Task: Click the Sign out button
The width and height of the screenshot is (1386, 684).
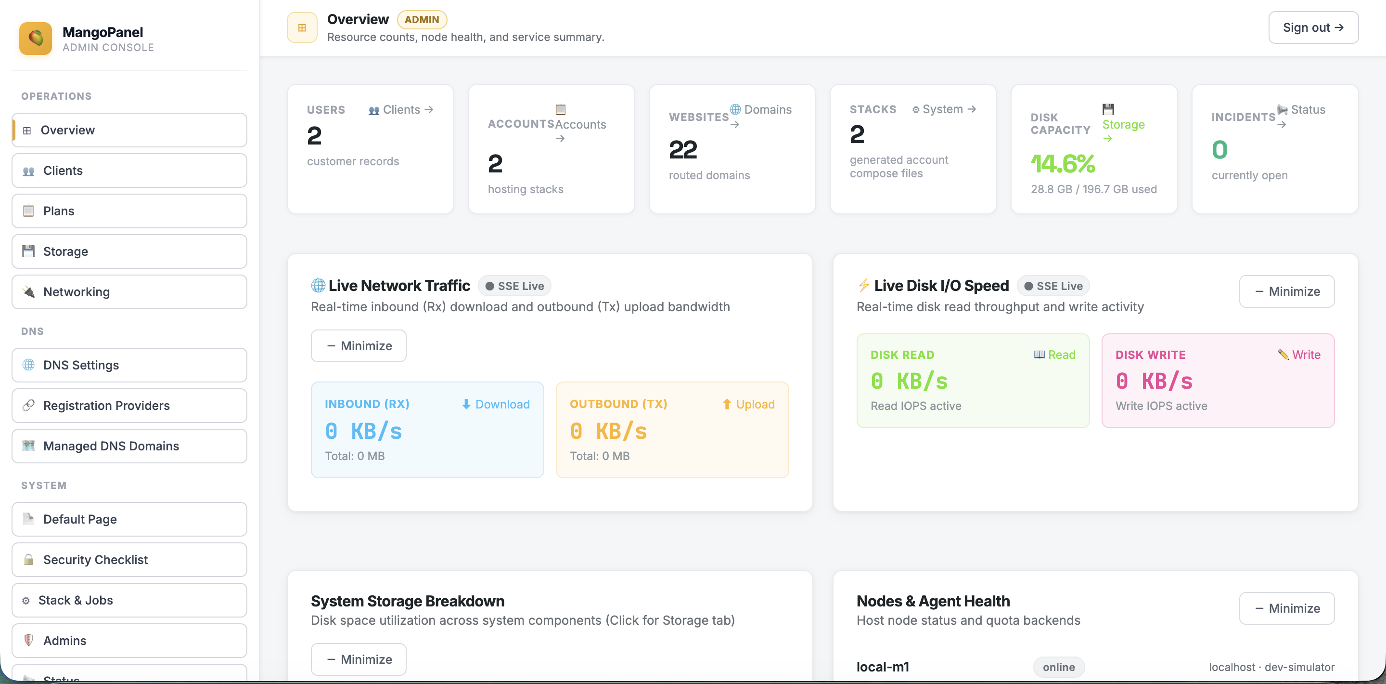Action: [x=1313, y=27]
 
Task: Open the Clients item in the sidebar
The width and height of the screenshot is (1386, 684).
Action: [x=129, y=171]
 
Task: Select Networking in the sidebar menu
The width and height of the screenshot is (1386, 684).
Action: [x=129, y=292]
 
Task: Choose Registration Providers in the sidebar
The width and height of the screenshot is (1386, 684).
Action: [x=129, y=406]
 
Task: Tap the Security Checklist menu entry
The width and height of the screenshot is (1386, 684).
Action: [x=129, y=560]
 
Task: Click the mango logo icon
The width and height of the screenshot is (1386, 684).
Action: [x=36, y=38]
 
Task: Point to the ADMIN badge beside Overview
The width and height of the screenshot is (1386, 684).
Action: [x=422, y=19]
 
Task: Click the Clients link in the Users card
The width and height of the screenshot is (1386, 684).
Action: [x=401, y=109]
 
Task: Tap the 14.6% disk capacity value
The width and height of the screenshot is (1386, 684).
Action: [x=1063, y=163]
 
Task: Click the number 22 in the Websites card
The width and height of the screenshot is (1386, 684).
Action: [x=683, y=150]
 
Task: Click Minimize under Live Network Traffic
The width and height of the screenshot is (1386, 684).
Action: [x=359, y=346]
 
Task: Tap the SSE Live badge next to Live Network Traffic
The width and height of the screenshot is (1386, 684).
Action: [x=514, y=286]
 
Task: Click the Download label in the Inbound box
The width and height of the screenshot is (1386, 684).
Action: [x=496, y=404]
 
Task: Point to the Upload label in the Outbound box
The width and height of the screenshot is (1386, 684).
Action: [x=748, y=404]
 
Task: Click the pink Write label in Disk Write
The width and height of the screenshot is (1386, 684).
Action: [x=1299, y=355]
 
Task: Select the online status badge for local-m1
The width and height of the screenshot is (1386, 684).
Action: [x=1058, y=667]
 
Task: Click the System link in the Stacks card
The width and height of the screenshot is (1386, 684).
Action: [x=944, y=109]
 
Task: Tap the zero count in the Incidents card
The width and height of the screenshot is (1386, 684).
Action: [x=1219, y=150]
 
